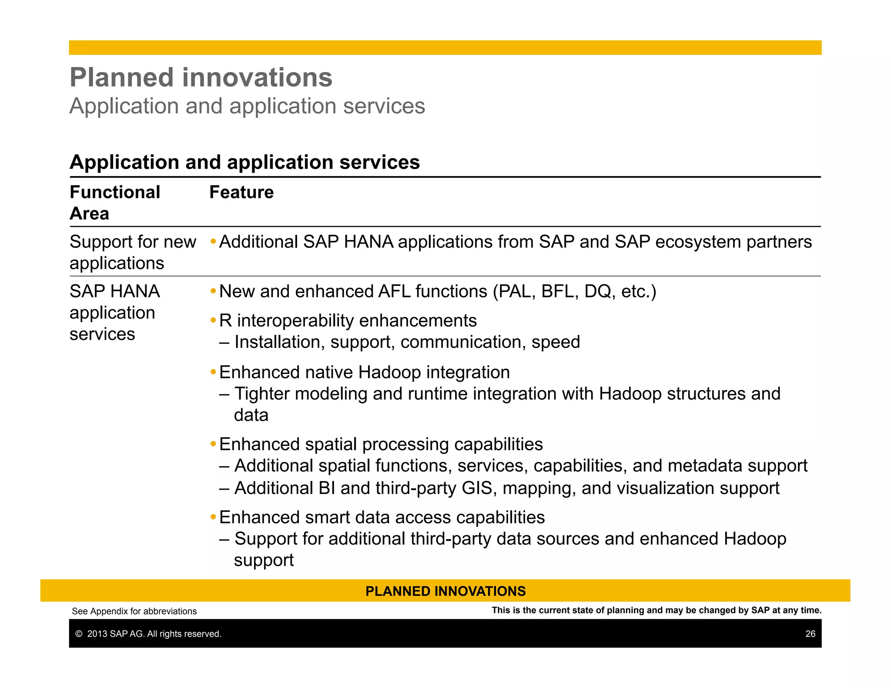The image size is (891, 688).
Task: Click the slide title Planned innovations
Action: [x=201, y=77]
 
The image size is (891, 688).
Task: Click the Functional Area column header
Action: [x=115, y=203]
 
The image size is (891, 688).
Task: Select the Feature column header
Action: [x=241, y=192]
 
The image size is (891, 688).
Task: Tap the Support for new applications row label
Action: [x=133, y=252]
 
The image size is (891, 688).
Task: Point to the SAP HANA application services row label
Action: [x=114, y=312]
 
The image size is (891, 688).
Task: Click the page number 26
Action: [x=810, y=634]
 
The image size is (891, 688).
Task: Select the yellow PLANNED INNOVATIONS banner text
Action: [x=445, y=591]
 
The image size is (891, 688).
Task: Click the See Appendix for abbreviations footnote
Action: [x=134, y=611]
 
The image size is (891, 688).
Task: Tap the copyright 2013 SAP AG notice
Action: [x=148, y=634]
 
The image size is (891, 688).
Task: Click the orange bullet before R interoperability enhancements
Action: [x=213, y=321]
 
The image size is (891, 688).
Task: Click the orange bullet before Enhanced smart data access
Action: [x=213, y=517]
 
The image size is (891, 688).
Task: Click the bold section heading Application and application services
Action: [x=245, y=162]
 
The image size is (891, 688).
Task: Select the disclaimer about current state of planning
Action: [x=657, y=610]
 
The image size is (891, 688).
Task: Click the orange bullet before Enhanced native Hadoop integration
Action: [x=213, y=372]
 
